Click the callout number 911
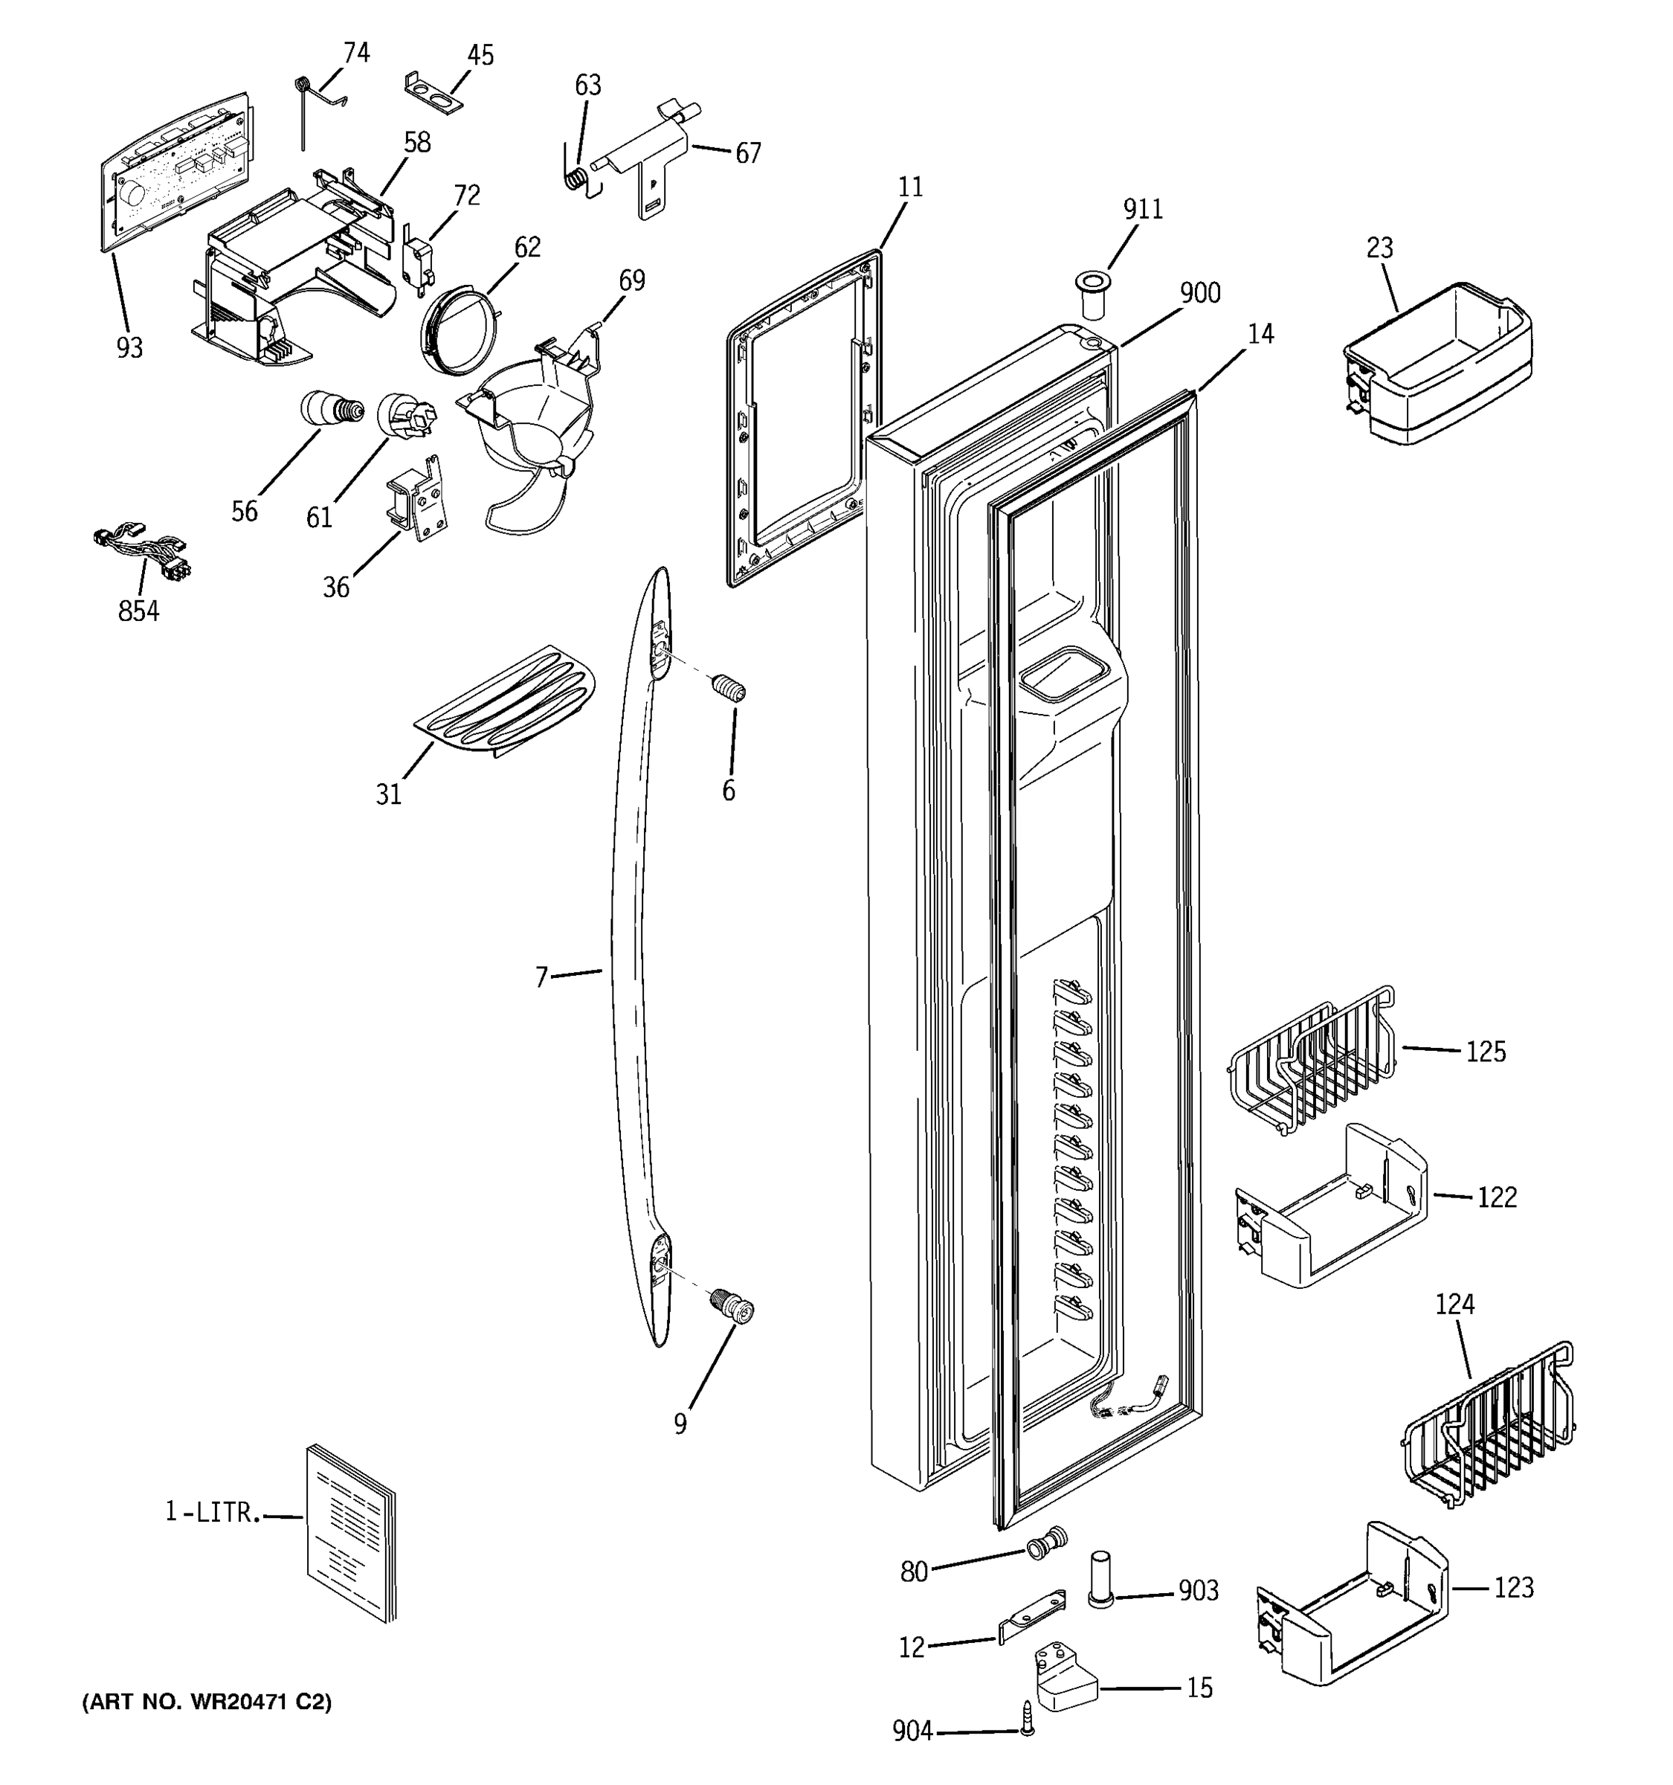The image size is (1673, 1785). [x=1143, y=209]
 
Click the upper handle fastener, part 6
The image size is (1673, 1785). [x=729, y=689]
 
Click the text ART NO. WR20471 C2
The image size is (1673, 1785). [x=207, y=1702]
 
